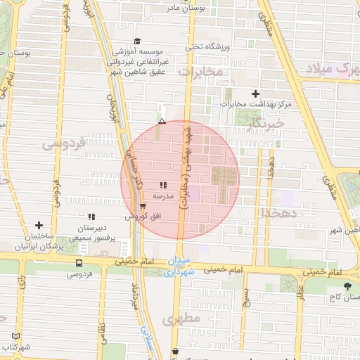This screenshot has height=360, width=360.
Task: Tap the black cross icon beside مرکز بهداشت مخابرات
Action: click(255, 94)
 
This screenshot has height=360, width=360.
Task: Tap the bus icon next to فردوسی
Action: click(78, 263)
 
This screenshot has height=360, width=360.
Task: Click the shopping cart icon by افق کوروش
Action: click(143, 207)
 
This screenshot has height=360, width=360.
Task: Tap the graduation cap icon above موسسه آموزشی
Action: click(138, 41)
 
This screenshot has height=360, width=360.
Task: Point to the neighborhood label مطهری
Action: click(181, 319)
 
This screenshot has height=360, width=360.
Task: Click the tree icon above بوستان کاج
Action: click(347, 286)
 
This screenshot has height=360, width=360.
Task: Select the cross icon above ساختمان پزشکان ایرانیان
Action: click(39, 226)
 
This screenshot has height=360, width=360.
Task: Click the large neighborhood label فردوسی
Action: click(64, 143)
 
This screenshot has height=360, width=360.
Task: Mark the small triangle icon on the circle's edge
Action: click(162, 122)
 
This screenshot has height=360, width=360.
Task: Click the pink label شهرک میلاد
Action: click(330, 67)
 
